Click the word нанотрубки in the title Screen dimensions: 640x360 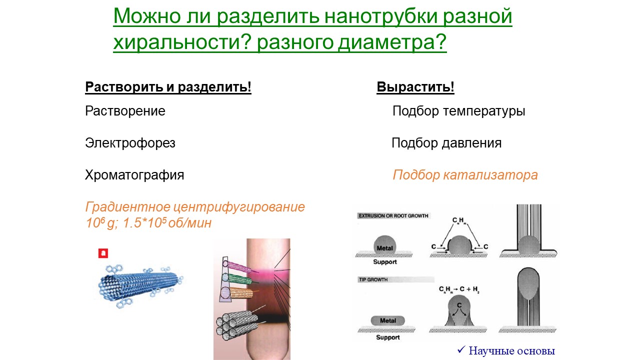381,16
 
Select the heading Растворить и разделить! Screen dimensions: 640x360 168,87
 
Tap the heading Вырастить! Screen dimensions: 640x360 415,87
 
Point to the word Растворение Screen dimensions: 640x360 125,111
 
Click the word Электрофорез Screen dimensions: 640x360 130,143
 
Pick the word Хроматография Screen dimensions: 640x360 134,175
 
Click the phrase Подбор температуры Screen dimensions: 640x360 459,111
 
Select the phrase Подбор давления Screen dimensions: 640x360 446,143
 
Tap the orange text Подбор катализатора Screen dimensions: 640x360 465,175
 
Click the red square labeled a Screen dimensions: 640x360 103,253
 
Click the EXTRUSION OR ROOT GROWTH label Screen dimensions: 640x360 393,215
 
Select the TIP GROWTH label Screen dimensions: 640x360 373,279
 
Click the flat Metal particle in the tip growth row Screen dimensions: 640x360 387,320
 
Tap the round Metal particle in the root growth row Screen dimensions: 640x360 385,245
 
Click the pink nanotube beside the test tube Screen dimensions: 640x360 239,267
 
